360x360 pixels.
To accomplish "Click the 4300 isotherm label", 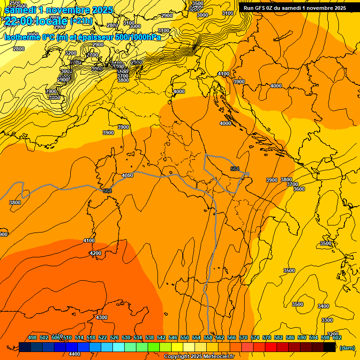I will pos(101,317).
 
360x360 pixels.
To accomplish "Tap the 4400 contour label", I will pos(75,354).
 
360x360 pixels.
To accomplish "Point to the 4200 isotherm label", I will pos(95,253).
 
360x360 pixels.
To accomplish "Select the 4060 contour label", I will pos(127,175).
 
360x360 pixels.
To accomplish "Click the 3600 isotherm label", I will pos(299,189).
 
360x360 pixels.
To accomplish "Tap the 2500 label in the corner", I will pos(15,3).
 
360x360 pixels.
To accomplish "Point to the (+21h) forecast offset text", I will pos(81,21).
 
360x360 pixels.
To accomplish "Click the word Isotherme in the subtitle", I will pos(21,37).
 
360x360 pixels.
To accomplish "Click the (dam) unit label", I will pos(347,347).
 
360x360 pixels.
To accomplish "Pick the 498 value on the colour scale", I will pos(32,337).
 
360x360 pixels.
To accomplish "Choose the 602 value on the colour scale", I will pos(337,337).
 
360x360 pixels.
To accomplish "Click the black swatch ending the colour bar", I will pos(330,347).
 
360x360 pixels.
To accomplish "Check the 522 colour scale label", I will pos(103,337).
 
